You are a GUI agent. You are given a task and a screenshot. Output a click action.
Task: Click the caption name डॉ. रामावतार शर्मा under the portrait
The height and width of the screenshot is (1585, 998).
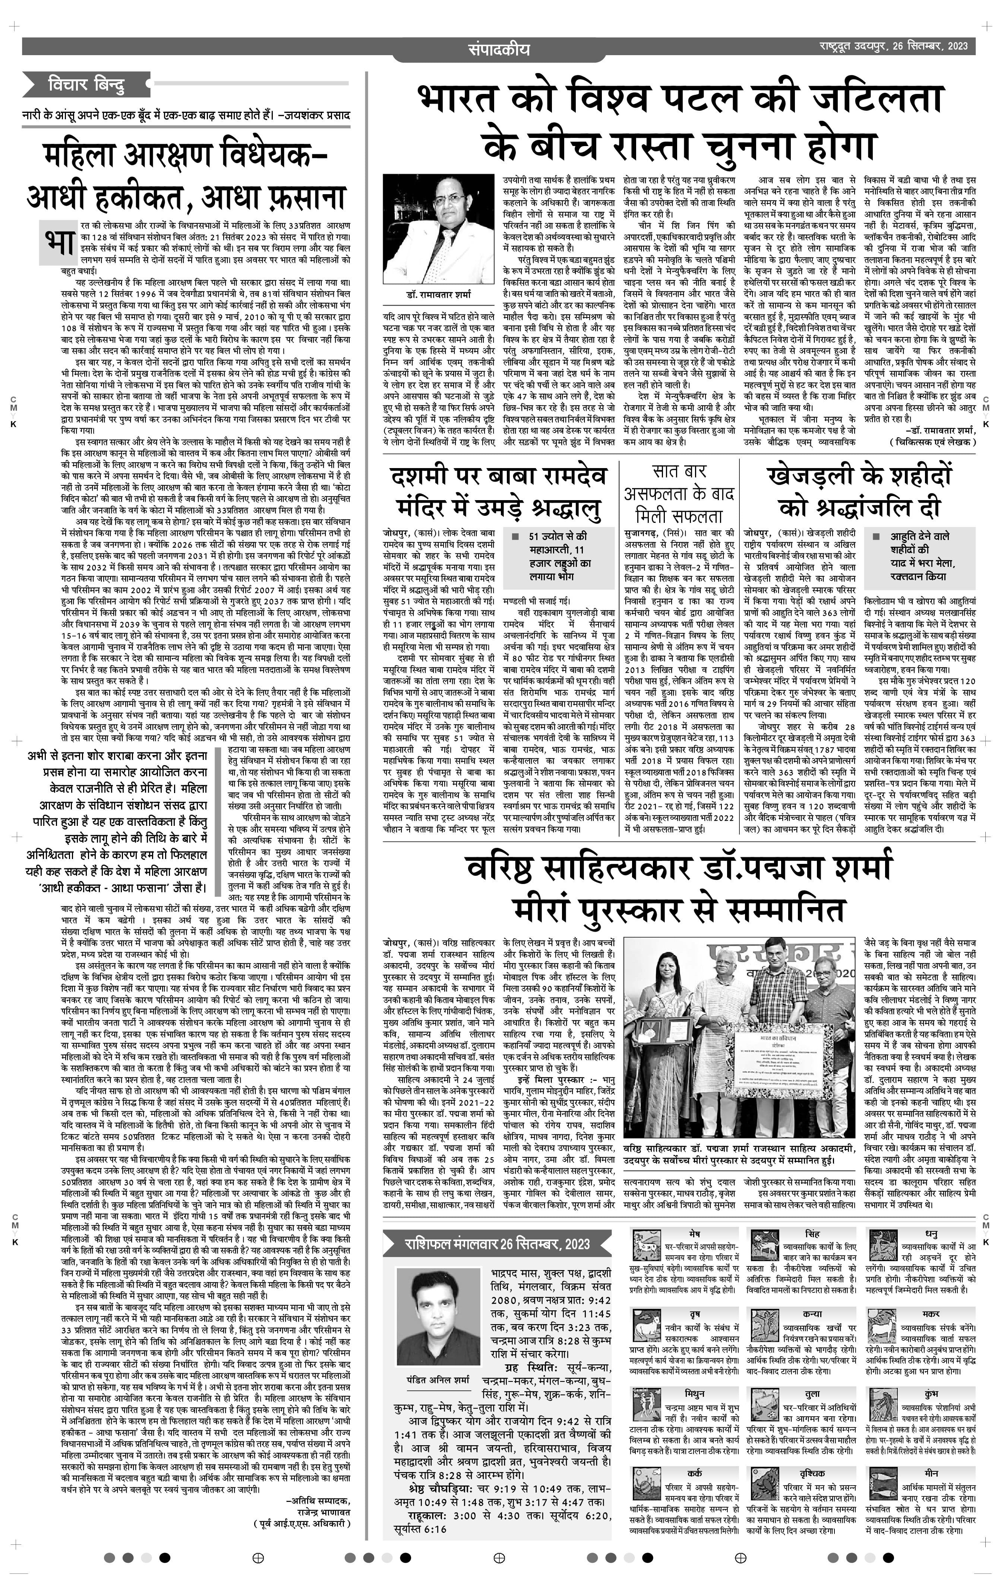point(438,294)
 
